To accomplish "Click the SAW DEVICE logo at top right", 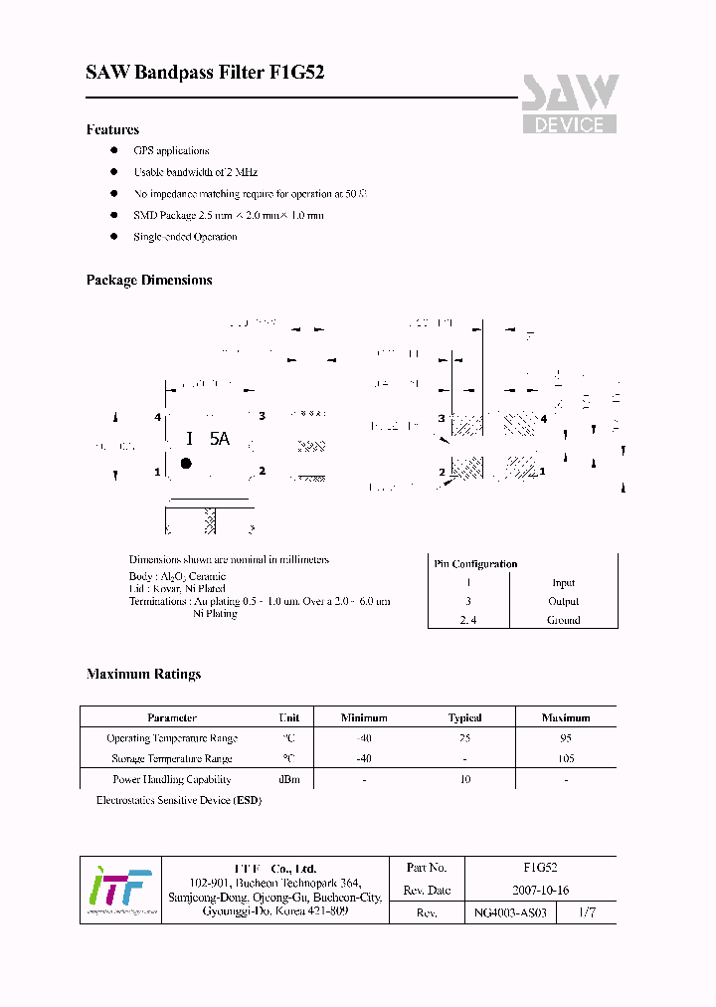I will click(x=570, y=104).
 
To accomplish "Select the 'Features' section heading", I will click(x=112, y=129).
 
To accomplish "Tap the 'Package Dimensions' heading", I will click(x=149, y=281).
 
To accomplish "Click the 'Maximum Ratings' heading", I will click(x=143, y=674).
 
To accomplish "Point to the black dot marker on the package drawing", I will click(x=186, y=463).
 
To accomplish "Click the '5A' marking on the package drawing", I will click(x=220, y=439).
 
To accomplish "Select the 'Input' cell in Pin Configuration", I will click(x=563, y=583).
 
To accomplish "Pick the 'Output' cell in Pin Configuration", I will click(x=563, y=601).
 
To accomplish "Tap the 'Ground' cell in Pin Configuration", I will click(x=563, y=619).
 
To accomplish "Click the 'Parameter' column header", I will click(x=172, y=717).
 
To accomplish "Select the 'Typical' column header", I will click(x=464, y=717).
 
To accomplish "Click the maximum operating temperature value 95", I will click(x=565, y=738).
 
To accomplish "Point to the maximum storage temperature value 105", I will click(x=565, y=758).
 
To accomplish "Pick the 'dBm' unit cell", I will click(x=289, y=780).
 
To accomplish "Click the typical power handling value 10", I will click(x=464, y=780).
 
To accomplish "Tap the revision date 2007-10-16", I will click(x=540, y=891).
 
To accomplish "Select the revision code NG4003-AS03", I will click(x=511, y=912).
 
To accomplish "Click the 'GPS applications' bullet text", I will click(x=171, y=151).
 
